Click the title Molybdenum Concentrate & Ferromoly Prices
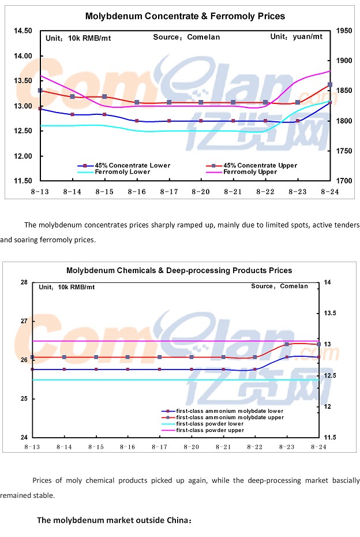pyautogui.click(x=185, y=16)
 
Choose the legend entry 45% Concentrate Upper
pyautogui.click(x=260, y=165)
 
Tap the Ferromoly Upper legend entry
pyautogui.click(x=248, y=171)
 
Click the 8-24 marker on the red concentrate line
pyautogui.click(x=330, y=85)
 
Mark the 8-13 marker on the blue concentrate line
pyautogui.click(x=40, y=108)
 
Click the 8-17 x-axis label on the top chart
pyautogui.click(x=168, y=191)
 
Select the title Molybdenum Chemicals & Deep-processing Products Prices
pyautogui.click(x=179, y=270)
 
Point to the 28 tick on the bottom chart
pyautogui.click(x=24, y=282)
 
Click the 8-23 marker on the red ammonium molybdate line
pyautogui.click(x=287, y=345)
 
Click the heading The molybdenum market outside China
pyautogui.click(x=114, y=520)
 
